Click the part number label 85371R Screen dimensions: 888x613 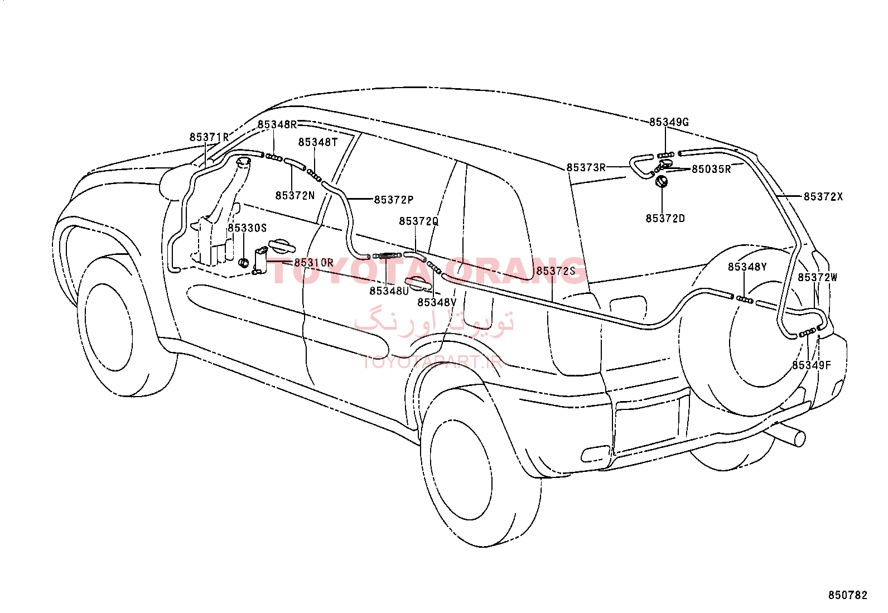209,137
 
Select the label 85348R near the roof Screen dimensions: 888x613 277,124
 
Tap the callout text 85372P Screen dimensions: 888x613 394,200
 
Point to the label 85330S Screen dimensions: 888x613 247,228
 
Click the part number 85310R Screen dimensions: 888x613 313,263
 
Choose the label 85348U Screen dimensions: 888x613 389,291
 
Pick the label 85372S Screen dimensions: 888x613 556,271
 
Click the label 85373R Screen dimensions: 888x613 586,168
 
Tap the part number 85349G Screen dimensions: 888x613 669,122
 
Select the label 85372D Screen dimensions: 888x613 665,219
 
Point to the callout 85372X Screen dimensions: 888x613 823,197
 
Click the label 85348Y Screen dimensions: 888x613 747,267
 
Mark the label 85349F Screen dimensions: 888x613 812,365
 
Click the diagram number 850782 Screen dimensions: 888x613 848,595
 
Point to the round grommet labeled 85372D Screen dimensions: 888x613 661,182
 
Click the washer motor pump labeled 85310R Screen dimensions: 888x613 260,260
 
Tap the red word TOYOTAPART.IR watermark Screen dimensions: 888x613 432,361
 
